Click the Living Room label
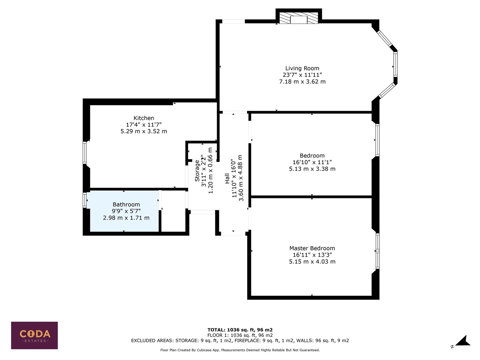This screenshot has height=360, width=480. coord(302,68)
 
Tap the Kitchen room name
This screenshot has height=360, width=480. coord(144,118)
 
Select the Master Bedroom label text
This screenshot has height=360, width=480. coord(312,248)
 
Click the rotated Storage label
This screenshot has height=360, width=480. coord(197,171)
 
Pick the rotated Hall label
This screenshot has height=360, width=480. coord(227,178)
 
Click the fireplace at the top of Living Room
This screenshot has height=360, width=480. coord(299,19)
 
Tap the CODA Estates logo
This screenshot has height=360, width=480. coord(34,335)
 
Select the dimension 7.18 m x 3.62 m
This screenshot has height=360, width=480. coord(302,82)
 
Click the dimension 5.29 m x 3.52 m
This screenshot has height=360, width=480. coord(144,131)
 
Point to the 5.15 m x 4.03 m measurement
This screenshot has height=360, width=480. coord(312,262)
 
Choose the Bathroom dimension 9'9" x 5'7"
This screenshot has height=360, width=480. coord(126,211)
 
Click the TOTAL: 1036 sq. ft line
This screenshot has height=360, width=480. coord(240,330)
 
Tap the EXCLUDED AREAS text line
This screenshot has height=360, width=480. coord(240,341)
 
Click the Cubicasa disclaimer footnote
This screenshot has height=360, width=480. coord(240,350)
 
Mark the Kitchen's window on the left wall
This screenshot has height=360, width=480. coord(85,153)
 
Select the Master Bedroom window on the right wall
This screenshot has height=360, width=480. coord(377,251)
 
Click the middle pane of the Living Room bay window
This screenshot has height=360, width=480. coord(395,65)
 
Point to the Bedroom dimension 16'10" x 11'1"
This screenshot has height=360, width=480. coord(312,162)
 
